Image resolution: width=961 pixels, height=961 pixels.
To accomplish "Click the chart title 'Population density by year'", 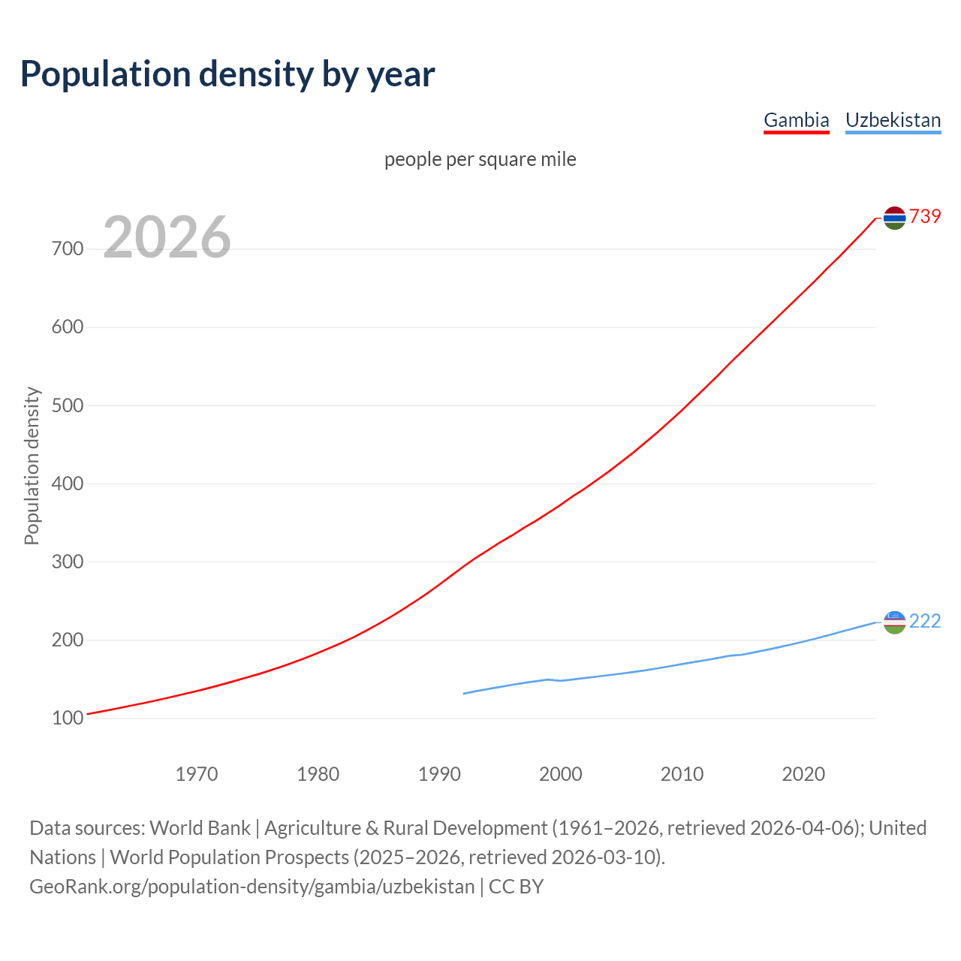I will pos(227,74).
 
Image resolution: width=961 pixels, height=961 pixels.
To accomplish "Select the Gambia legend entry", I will pos(796,120).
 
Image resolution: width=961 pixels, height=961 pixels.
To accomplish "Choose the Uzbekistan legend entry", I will pos(893,120).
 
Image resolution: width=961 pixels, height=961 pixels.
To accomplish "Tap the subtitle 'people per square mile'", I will pos(480,159).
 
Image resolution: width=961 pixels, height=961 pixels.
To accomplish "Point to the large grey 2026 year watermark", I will pos(167,237).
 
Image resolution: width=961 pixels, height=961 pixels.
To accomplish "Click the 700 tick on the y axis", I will pos(68,249).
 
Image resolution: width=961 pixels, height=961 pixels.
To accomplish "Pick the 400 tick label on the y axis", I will pos(68,484).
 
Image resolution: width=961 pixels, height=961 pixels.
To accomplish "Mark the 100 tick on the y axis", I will pos(68,718).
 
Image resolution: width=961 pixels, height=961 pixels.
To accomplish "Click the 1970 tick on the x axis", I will pos(197,774).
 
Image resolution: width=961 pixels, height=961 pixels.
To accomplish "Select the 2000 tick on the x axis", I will pos(561,774).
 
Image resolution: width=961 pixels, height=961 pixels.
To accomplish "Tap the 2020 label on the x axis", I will pos(803,774).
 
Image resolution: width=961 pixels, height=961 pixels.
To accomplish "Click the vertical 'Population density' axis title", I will pos(32,465).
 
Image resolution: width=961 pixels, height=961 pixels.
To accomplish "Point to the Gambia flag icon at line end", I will pos(894,218).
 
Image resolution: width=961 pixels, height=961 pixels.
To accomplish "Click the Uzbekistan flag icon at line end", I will pos(894,622).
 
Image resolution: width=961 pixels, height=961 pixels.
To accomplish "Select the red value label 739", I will pos(925,216).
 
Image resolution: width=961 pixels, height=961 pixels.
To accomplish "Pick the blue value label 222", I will pos(925,621).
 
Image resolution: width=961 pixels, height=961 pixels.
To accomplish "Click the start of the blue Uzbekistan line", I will pos(465,693).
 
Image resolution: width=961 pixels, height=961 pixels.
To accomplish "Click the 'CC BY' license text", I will pos(516,886).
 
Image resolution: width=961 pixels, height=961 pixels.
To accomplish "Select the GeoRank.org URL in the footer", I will pos(252,886).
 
